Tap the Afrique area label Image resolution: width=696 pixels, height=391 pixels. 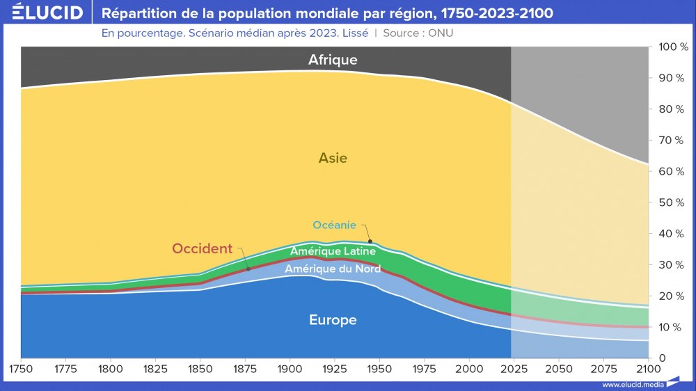333,60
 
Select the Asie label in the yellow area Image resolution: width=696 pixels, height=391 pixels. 333,158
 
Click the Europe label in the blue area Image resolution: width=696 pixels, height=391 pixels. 333,320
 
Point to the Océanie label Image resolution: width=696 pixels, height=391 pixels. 334,225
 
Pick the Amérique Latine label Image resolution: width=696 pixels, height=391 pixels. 333,251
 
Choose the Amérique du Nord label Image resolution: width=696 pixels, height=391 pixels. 333,269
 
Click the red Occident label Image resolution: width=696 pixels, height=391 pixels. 202,248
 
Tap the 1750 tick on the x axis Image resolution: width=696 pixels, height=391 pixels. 21,367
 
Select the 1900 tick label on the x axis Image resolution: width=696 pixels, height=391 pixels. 290,367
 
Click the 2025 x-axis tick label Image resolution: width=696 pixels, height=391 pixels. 514,367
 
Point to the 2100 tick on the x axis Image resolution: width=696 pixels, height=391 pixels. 648,367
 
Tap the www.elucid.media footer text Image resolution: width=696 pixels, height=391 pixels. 632,384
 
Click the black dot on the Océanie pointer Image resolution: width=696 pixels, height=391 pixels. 370,241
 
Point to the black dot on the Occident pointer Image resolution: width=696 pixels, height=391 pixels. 248,269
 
